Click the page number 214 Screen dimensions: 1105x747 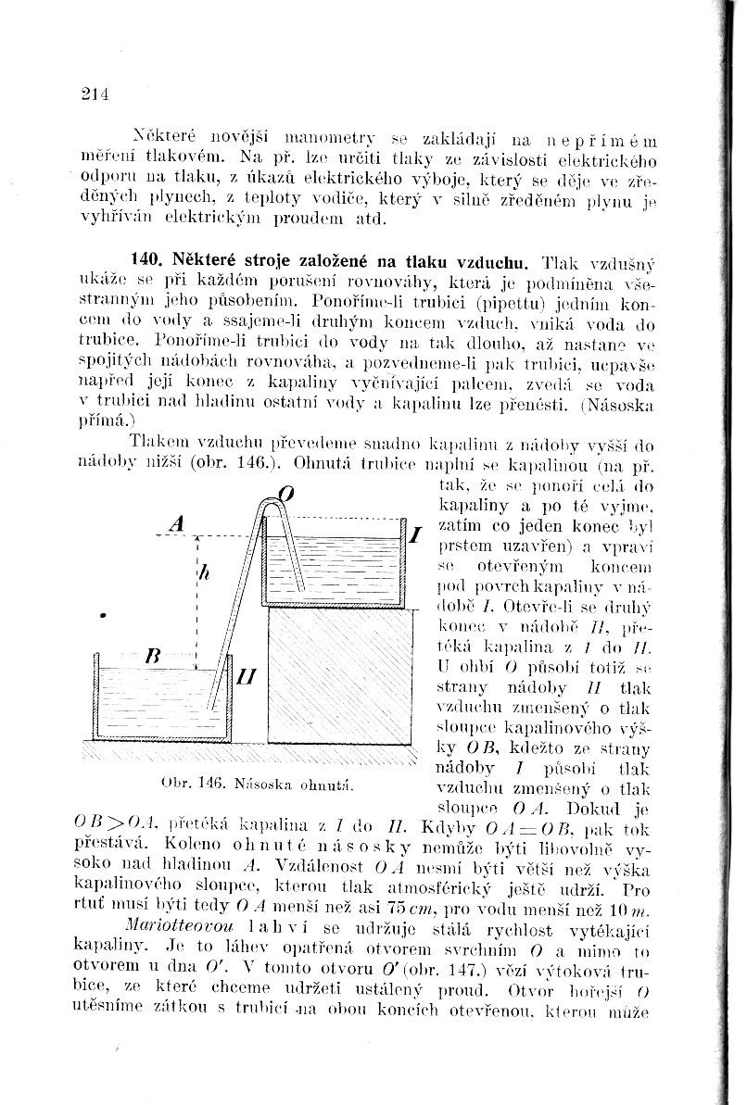click(x=95, y=93)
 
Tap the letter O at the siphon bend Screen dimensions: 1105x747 click(x=287, y=496)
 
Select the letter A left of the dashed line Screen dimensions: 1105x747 click(x=179, y=523)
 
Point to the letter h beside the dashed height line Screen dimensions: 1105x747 click(x=204, y=574)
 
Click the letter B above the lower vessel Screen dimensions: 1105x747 click(x=154, y=655)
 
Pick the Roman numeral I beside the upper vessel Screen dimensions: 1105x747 click(x=416, y=534)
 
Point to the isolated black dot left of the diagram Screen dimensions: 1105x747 click(x=105, y=615)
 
